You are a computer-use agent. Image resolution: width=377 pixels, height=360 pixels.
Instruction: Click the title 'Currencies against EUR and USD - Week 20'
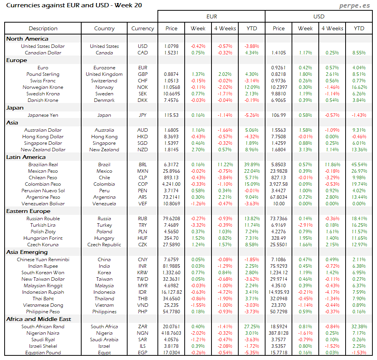coord(74,5)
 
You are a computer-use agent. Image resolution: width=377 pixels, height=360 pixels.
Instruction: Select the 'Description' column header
coord(43,28)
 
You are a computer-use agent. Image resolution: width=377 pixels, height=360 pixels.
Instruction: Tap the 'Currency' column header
coord(143,28)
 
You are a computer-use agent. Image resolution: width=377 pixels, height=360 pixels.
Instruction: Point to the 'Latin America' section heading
coord(26,157)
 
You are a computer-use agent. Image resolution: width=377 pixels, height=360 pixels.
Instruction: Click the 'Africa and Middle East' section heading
coord(39,319)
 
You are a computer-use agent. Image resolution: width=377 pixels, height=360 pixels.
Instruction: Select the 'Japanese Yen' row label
coord(43,115)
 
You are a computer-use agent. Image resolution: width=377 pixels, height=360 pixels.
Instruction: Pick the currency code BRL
coord(143,165)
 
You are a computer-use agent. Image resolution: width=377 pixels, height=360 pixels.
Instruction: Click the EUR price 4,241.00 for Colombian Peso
coord(171,184)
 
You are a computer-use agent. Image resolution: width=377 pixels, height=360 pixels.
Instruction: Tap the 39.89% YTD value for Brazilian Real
coord(252,165)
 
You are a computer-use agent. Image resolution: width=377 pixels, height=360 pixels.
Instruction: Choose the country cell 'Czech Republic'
coord(104,245)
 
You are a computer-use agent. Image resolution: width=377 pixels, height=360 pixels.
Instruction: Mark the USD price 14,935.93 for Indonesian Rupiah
coord(279,292)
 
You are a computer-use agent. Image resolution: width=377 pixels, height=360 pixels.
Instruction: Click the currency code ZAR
coord(143,327)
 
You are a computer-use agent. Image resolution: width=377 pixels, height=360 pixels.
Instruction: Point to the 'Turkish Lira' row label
coord(43,225)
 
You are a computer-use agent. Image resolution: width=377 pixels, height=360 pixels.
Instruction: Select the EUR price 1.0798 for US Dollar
coord(171,46)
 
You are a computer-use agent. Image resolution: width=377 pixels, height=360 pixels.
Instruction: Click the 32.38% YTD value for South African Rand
coord(359,327)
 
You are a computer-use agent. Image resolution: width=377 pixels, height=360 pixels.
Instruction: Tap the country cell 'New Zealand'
coord(104,150)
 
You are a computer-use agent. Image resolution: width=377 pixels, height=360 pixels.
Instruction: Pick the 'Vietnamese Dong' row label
coord(43,305)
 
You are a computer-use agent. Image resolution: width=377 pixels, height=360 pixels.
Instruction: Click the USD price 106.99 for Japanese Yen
coord(279,115)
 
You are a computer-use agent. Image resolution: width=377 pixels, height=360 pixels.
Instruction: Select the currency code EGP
coord(143,353)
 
